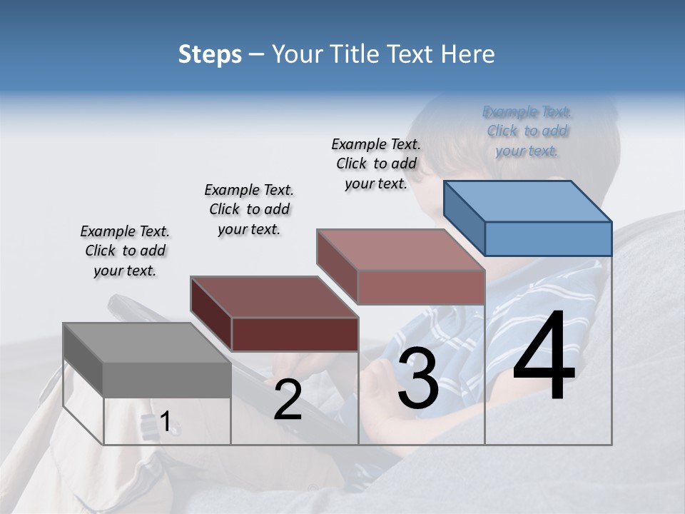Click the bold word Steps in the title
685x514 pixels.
[210, 55]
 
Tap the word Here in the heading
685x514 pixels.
[467, 55]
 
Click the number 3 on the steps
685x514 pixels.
[418, 381]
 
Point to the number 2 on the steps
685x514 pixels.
[288, 400]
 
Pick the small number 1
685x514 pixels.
[165, 422]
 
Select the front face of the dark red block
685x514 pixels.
[295, 334]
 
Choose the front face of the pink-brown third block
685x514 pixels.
[421, 287]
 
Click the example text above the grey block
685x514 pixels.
[125, 251]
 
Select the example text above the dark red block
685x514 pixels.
[249, 209]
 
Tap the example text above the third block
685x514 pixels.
[376, 163]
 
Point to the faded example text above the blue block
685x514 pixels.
[527, 131]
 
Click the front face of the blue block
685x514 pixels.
[548, 238]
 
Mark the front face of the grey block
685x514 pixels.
[167, 379]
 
